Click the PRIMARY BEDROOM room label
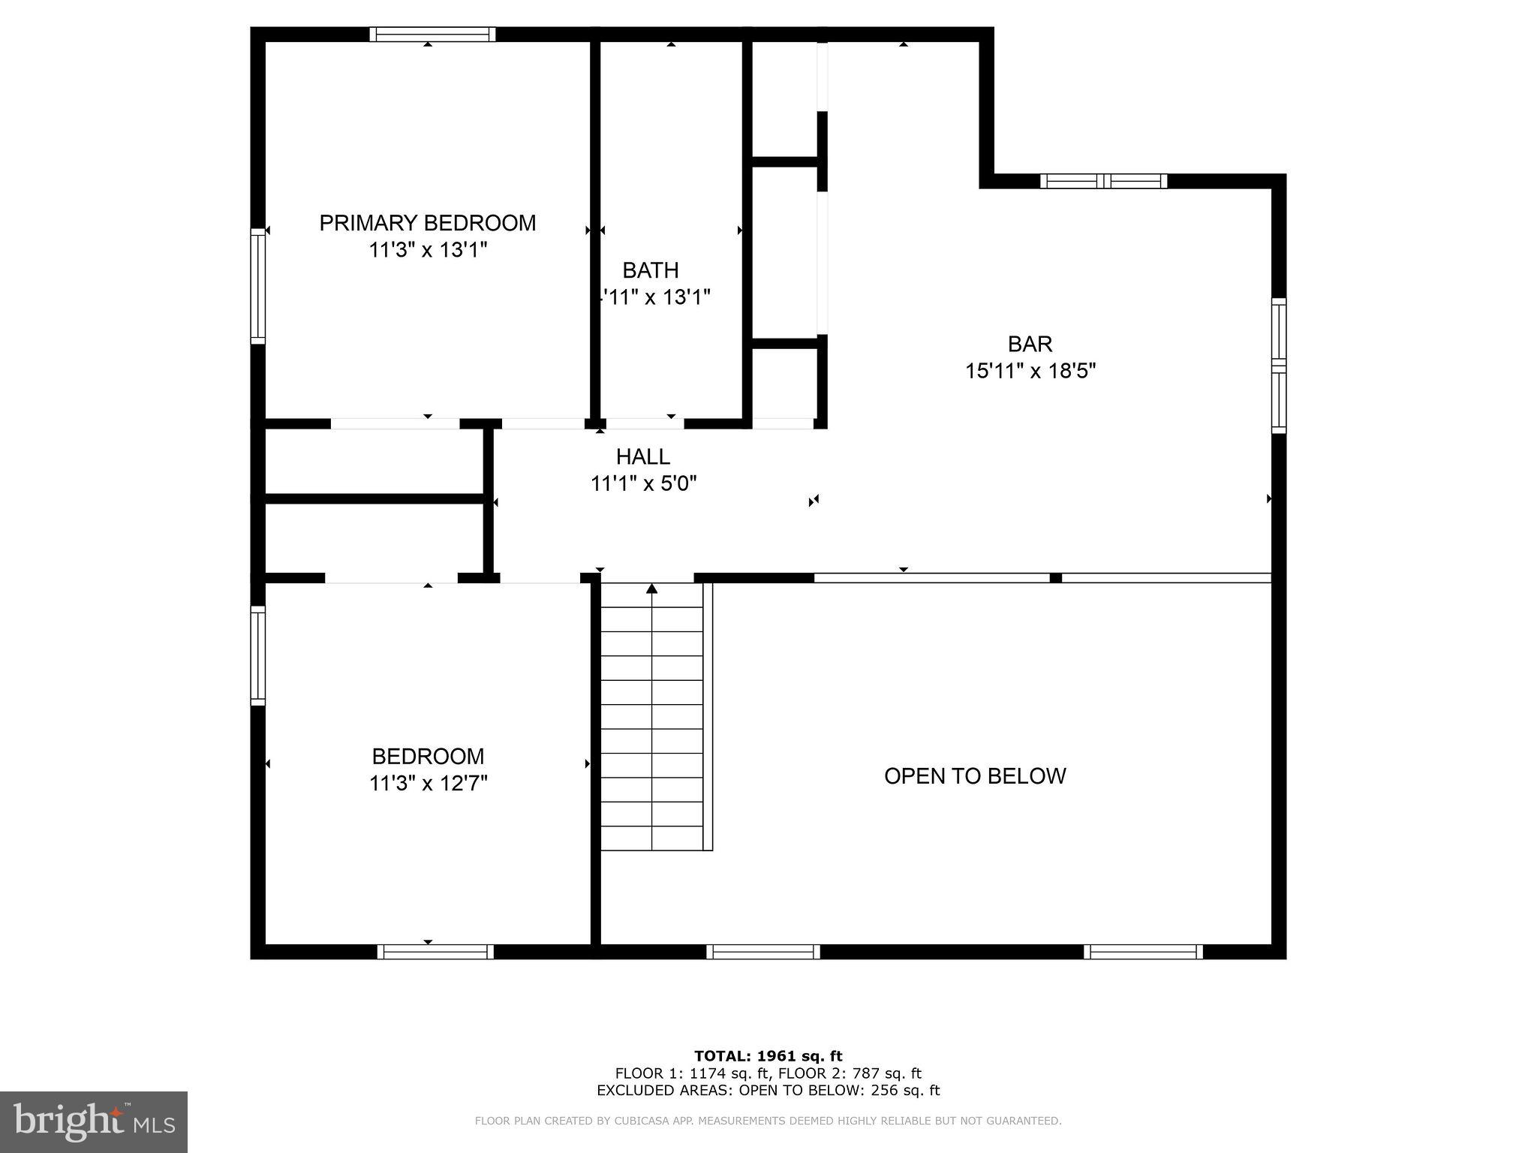[428, 223]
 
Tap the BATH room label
[651, 270]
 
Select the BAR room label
[1030, 344]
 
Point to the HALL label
[643, 456]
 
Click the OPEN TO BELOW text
[975, 776]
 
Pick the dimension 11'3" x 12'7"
[428, 784]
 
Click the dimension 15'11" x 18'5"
[1030, 371]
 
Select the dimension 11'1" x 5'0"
[643, 483]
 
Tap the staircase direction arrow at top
[651, 589]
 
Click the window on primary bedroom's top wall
[432, 35]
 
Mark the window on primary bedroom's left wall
[257, 286]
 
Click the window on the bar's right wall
[1278, 366]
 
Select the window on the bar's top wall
[1103, 181]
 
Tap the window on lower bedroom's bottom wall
[435, 952]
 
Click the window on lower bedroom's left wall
[257, 655]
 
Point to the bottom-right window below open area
[1143, 952]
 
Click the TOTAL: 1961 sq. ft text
[768, 1056]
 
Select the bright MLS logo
[94, 1121]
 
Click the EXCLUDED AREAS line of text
[768, 1091]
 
